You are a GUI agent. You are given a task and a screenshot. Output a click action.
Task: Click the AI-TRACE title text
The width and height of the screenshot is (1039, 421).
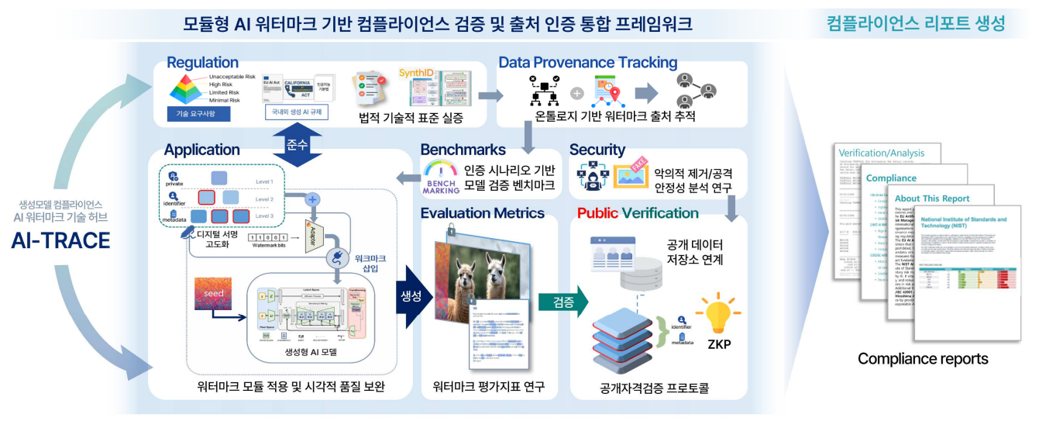point(60,241)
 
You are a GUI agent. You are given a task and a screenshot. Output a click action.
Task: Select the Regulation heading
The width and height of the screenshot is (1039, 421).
point(202,63)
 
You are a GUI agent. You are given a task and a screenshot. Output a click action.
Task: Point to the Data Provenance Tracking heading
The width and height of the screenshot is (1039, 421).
point(587,63)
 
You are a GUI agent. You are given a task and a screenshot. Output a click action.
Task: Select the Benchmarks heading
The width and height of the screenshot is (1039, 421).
point(463,149)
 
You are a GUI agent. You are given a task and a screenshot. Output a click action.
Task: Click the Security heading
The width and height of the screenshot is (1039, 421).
point(597,149)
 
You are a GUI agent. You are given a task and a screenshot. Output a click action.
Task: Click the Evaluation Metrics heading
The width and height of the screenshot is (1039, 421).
point(483,212)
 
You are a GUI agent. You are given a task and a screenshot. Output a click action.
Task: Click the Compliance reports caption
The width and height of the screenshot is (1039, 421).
point(923,359)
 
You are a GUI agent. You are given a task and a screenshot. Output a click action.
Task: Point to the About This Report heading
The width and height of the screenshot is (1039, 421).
point(943,198)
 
